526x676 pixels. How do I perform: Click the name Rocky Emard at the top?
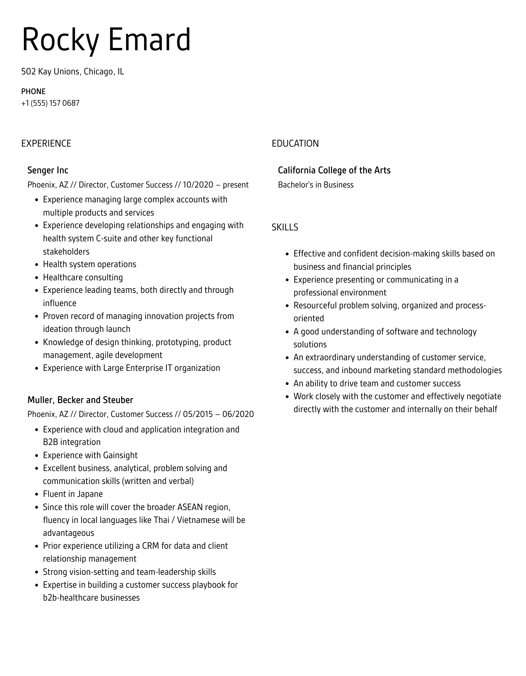[106, 40]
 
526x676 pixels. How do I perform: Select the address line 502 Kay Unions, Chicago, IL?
[73, 72]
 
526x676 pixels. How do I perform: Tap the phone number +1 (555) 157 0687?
[50, 103]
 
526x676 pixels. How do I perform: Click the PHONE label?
[33, 92]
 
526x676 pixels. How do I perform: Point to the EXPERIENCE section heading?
[46, 143]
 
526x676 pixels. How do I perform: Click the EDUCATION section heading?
[295, 143]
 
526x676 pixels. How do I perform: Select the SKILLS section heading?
[285, 227]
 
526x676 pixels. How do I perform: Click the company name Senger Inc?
[48, 170]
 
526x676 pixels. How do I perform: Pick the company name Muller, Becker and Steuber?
[80, 400]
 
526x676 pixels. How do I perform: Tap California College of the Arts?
[334, 170]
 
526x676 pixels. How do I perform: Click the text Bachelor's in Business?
[316, 185]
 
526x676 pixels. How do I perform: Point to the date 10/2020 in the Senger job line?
[198, 185]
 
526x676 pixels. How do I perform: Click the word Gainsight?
[120, 455]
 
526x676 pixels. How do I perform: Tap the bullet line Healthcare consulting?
[83, 277]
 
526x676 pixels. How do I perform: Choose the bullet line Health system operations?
[90, 264]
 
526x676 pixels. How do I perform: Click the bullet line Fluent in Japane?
[73, 494]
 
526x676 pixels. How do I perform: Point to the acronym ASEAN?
[190, 507]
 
